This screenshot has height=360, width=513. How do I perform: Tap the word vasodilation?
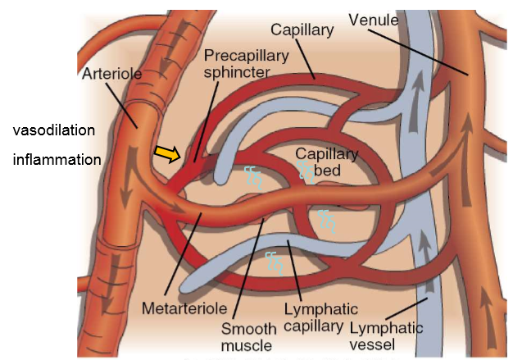click(54, 131)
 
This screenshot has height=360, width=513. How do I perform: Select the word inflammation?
click(57, 160)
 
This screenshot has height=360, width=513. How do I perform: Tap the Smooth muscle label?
click(247, 336)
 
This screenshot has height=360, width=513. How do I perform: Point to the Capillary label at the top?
click(302, 30)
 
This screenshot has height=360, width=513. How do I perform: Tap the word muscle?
click(247, 345)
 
